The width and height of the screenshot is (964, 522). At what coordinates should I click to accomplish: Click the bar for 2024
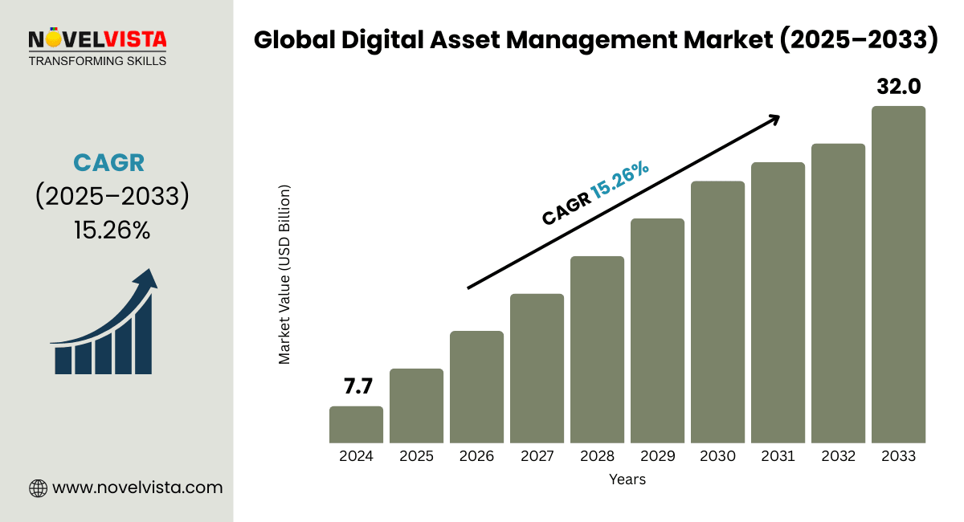[356, 425]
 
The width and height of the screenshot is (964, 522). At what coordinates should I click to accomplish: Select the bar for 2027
[537, 369]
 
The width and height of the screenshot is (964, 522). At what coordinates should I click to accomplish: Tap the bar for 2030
[717, 312]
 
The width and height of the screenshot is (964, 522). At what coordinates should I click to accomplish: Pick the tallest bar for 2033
[898, 275]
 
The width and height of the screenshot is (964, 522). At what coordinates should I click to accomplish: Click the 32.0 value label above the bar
[898, 87]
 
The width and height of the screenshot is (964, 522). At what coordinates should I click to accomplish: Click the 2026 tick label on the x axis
[476, 456]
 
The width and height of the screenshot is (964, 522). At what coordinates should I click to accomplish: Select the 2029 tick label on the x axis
[657, 456]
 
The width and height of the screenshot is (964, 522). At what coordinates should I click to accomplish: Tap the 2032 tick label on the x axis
[838, 456]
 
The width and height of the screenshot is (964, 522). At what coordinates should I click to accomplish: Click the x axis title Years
[627, 479]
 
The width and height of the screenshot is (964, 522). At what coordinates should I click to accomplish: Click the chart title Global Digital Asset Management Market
[595, 41]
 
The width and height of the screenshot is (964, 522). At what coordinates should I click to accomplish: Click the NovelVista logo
[97, 39]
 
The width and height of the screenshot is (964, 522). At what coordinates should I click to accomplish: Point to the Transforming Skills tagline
[97, 61]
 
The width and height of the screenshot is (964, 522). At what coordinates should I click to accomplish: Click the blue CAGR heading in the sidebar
[108, 162]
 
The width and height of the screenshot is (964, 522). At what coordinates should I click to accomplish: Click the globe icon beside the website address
[38, 487]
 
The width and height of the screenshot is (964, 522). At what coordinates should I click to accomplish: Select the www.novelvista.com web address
[137, 487]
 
